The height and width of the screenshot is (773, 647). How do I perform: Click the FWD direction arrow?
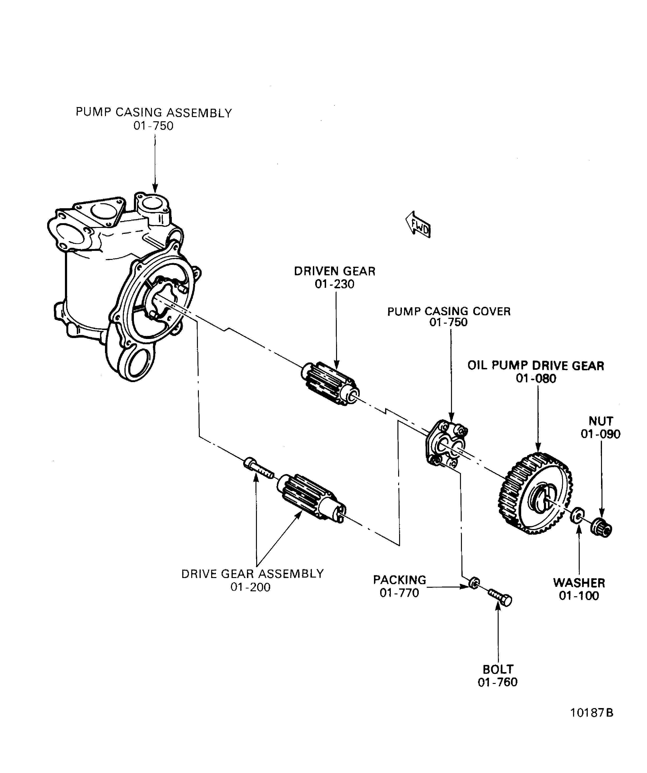pos(418,225)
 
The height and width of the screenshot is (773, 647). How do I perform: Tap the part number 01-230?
pos(334,284)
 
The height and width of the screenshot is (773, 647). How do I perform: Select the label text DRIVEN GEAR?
pos(334,271)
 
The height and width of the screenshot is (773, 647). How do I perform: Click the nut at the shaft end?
pos(601,529)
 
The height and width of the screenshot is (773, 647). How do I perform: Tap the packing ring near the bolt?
pos(474,583)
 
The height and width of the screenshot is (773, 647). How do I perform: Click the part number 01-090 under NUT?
pos(600,434)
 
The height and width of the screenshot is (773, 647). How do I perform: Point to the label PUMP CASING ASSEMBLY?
pos(154,113)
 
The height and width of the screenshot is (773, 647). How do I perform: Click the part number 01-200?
pos(251,587)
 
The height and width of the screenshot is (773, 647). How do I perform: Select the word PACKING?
pos(400,580)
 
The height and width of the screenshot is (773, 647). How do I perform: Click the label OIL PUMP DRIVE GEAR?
pos(536,366)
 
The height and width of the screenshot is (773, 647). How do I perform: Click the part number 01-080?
pos(536,378)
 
